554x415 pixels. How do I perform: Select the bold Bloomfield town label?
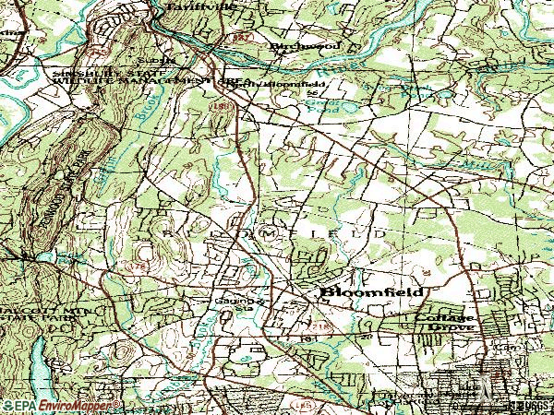point(372,292)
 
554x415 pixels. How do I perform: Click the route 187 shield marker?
point(243,36)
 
